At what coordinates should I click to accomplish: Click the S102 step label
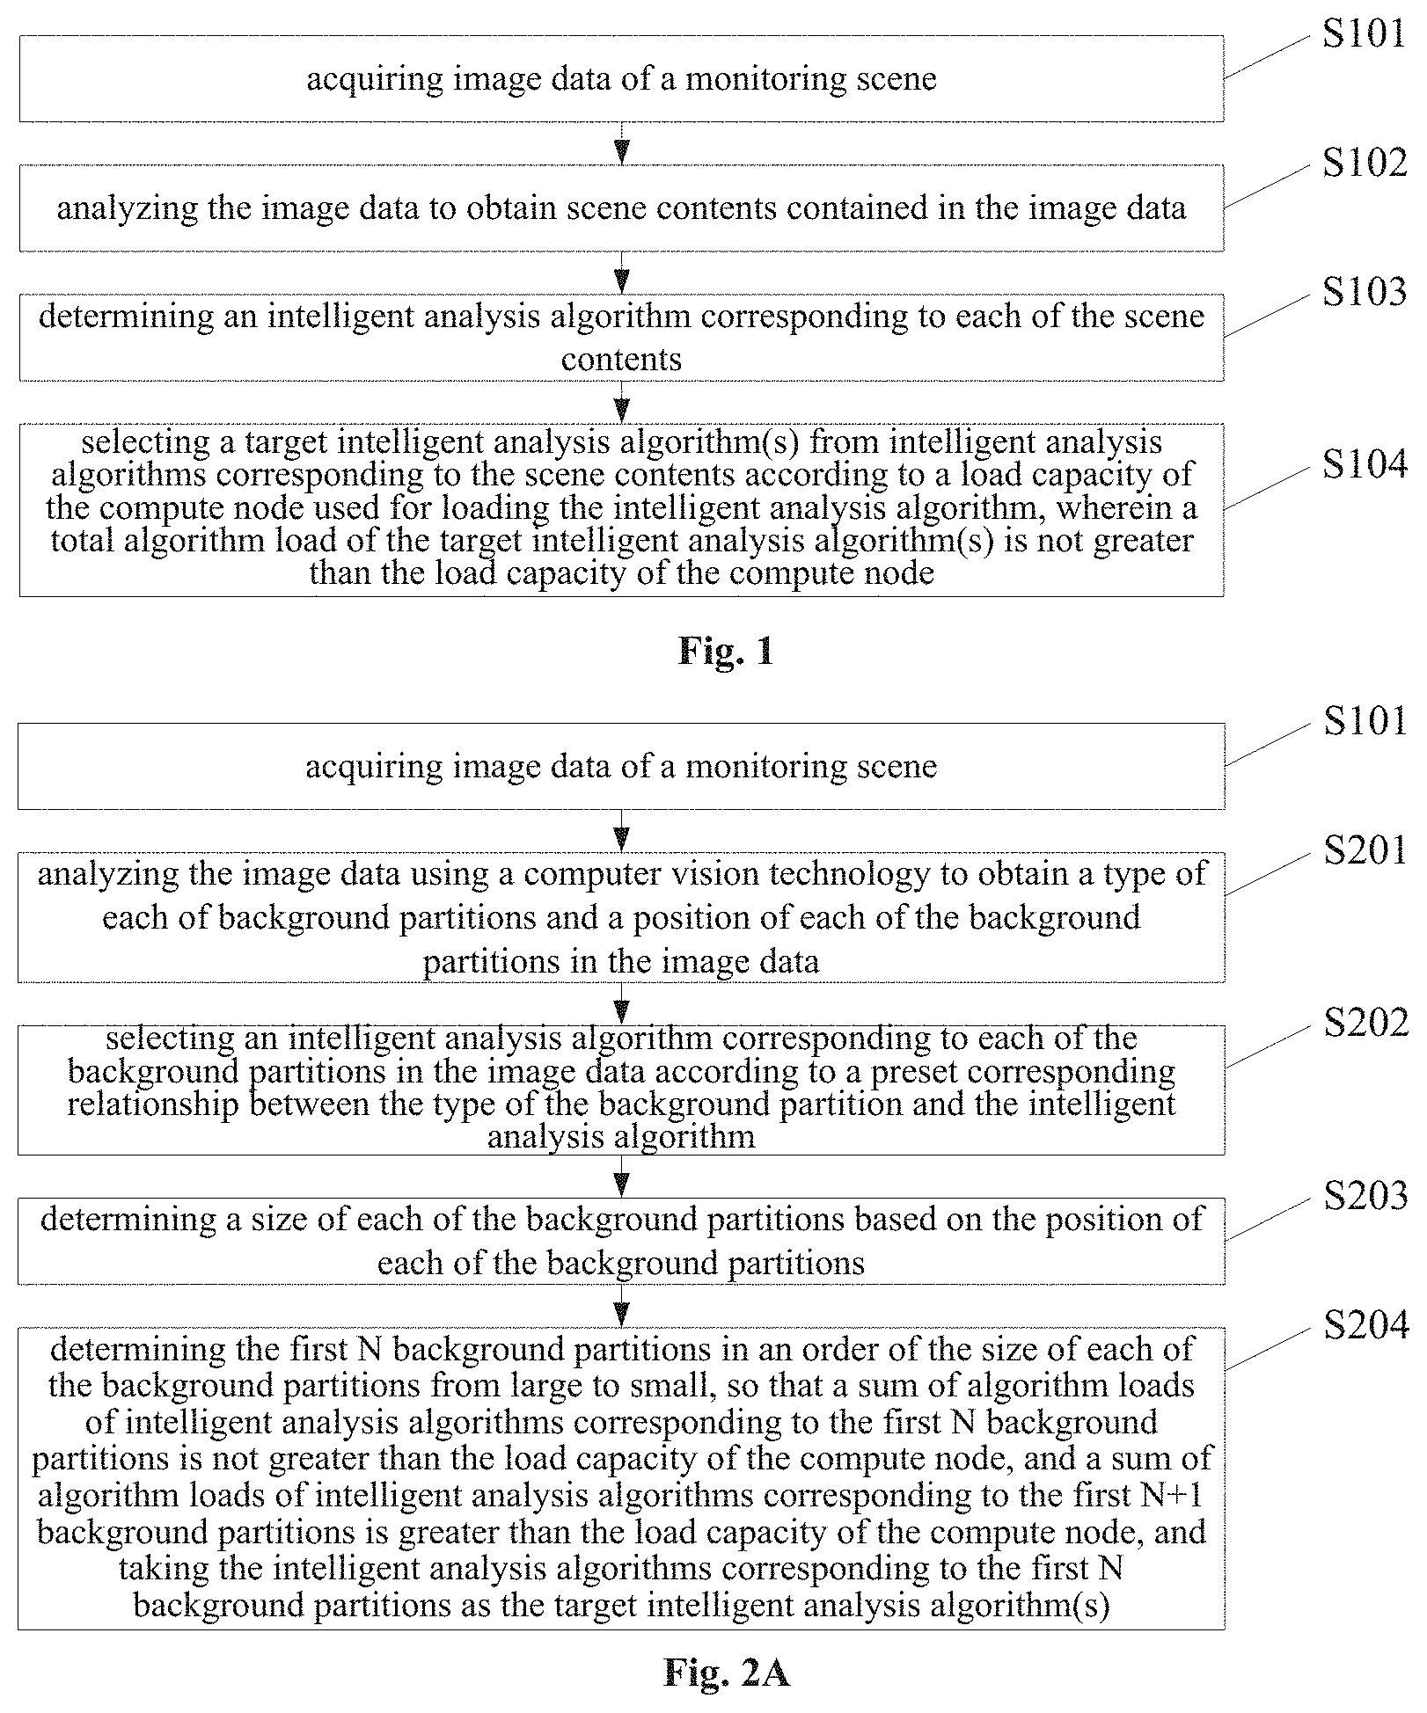pyautogui.click(x=1365, y=163)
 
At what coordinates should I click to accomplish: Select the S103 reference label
pyautogui.click(x=1365, y=292)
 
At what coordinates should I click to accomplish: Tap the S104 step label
pyautogui.click(x=1365, y=464)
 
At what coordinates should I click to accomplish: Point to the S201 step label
pyautogui.click(x=1365, y=850)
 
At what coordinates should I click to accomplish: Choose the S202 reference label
pyautogui.click(x=1365, y=1023)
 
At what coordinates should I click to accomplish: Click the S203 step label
pyautogui.click(x=1365, y=1195)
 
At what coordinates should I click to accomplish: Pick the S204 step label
pyautogui.click(x=1365, y=1324)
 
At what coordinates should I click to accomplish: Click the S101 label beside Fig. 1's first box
pyautogui.click(x=1365, y=33)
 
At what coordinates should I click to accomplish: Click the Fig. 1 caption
pyautogui.click(x=726, y=651)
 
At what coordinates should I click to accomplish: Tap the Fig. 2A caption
pyautogui.click(x=727, y=1673)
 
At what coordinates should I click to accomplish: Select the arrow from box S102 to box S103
pyautogui.click(x=622, y=273)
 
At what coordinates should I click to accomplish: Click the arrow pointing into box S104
pyautogui.click(x=622, y=402)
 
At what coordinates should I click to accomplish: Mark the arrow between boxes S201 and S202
pyautogui.click(x=622, y=1003)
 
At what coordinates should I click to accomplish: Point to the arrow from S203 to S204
pyautogui.click(x=622, y=1305)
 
